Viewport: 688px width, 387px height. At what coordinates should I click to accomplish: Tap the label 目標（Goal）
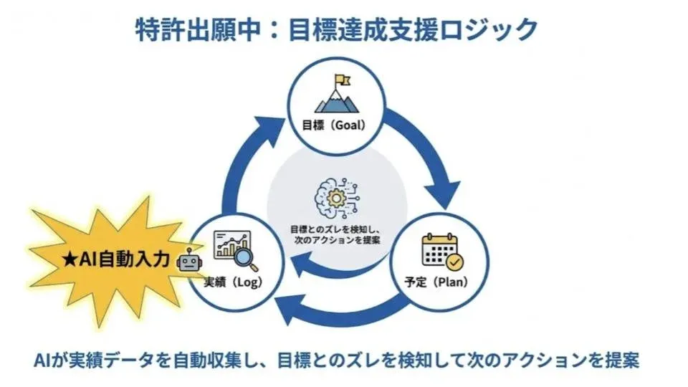tap(335, 125)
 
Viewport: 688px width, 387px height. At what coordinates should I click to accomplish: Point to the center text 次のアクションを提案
tap(335, 239)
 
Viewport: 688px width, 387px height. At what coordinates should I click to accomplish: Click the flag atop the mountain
tap(340, 81)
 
